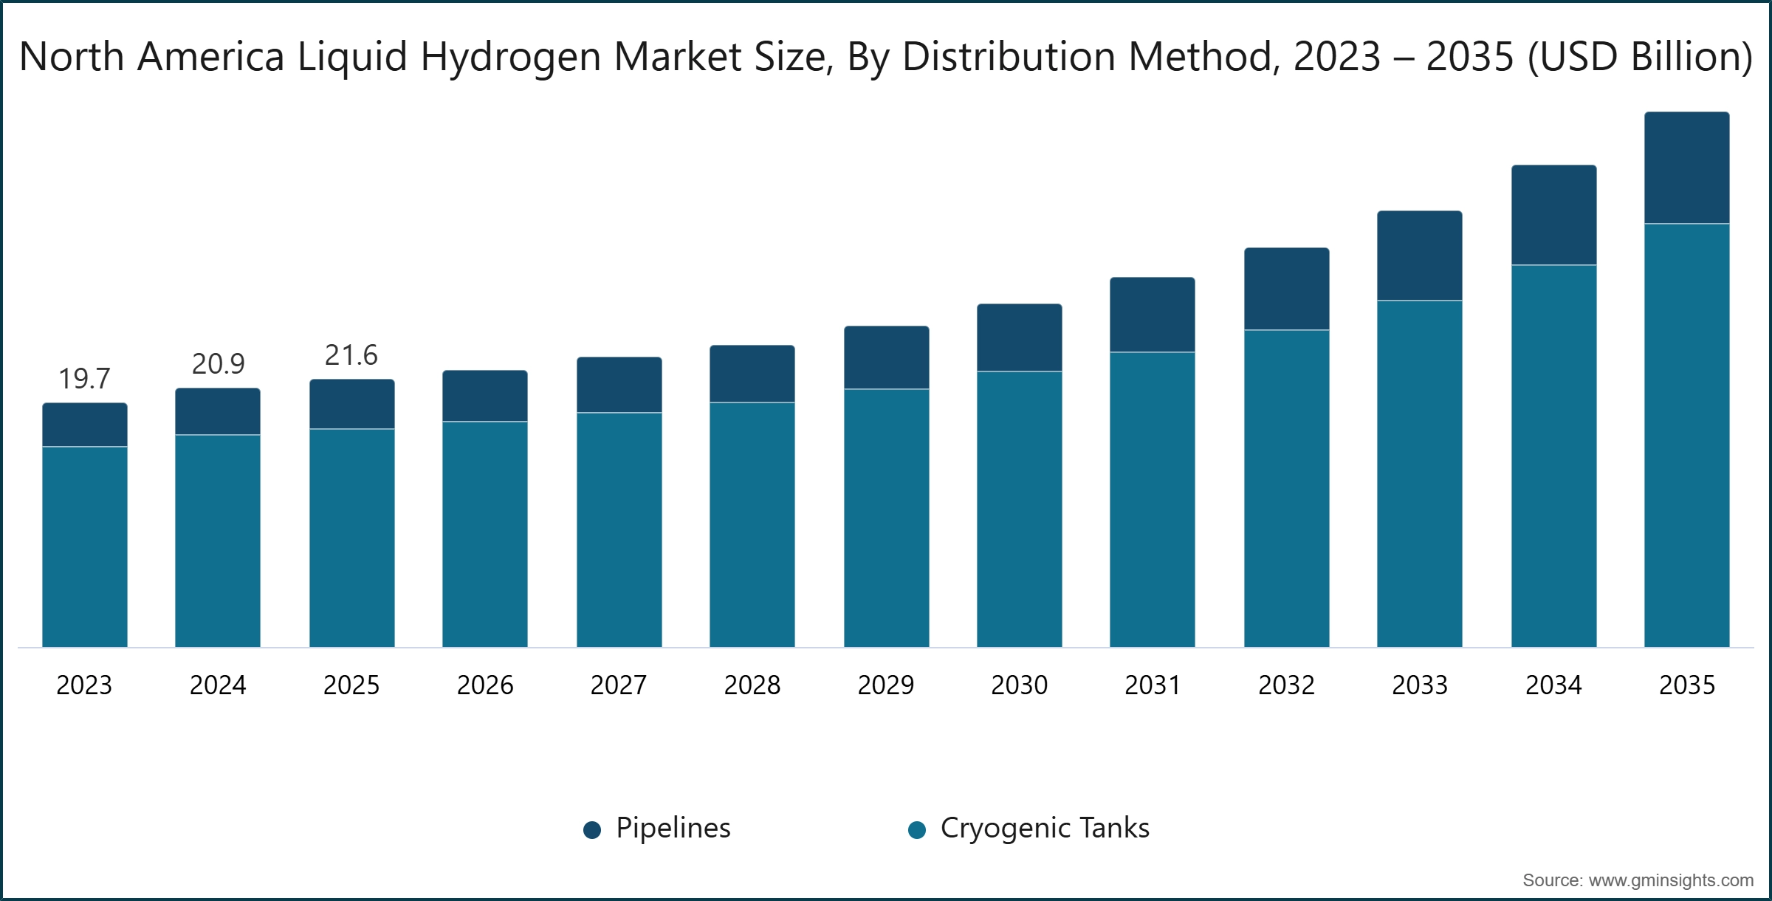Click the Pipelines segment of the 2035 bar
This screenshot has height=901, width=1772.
click(1686, 168)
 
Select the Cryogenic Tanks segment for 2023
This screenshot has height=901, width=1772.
click(85, 547)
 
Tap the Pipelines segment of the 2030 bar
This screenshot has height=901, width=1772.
click(1020, 338)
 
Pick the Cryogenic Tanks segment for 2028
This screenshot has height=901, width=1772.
click(752, 525)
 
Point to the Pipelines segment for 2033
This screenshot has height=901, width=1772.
click(1420, 256)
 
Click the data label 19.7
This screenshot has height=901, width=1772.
click(84, 379)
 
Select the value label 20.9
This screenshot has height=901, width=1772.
click(218, 364)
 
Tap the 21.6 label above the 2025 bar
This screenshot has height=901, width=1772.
click(351, 355)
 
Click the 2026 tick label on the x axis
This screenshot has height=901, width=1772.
click(485, 685)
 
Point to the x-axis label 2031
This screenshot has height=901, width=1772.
click(1153, 685)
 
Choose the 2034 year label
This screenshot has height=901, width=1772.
click(1553, 685)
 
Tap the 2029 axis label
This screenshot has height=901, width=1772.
click(886, 685)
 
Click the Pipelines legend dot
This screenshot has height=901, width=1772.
click(592, 830)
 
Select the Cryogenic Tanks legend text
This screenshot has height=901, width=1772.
click(1045, 829)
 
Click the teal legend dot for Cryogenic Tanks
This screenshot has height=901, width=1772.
click(917, 830)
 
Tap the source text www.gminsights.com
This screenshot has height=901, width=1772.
click(1671, 880)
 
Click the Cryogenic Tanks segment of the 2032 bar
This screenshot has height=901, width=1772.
click(1287, 489)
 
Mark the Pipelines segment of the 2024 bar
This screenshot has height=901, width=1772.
click(218, 411)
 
